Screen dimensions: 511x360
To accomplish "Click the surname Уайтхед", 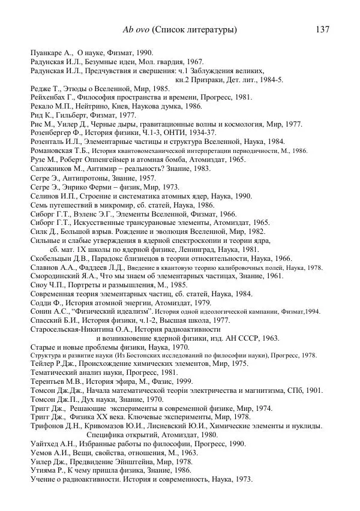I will coord(46,444).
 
